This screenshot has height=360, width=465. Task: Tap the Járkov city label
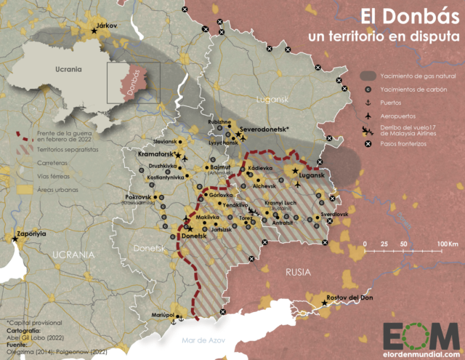(106, 25)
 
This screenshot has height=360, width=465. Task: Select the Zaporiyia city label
(30, 235)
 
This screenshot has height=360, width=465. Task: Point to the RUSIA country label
(297, 271)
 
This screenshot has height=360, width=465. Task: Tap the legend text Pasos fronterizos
(408, 144)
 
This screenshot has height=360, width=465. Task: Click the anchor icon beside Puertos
(370, 103)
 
